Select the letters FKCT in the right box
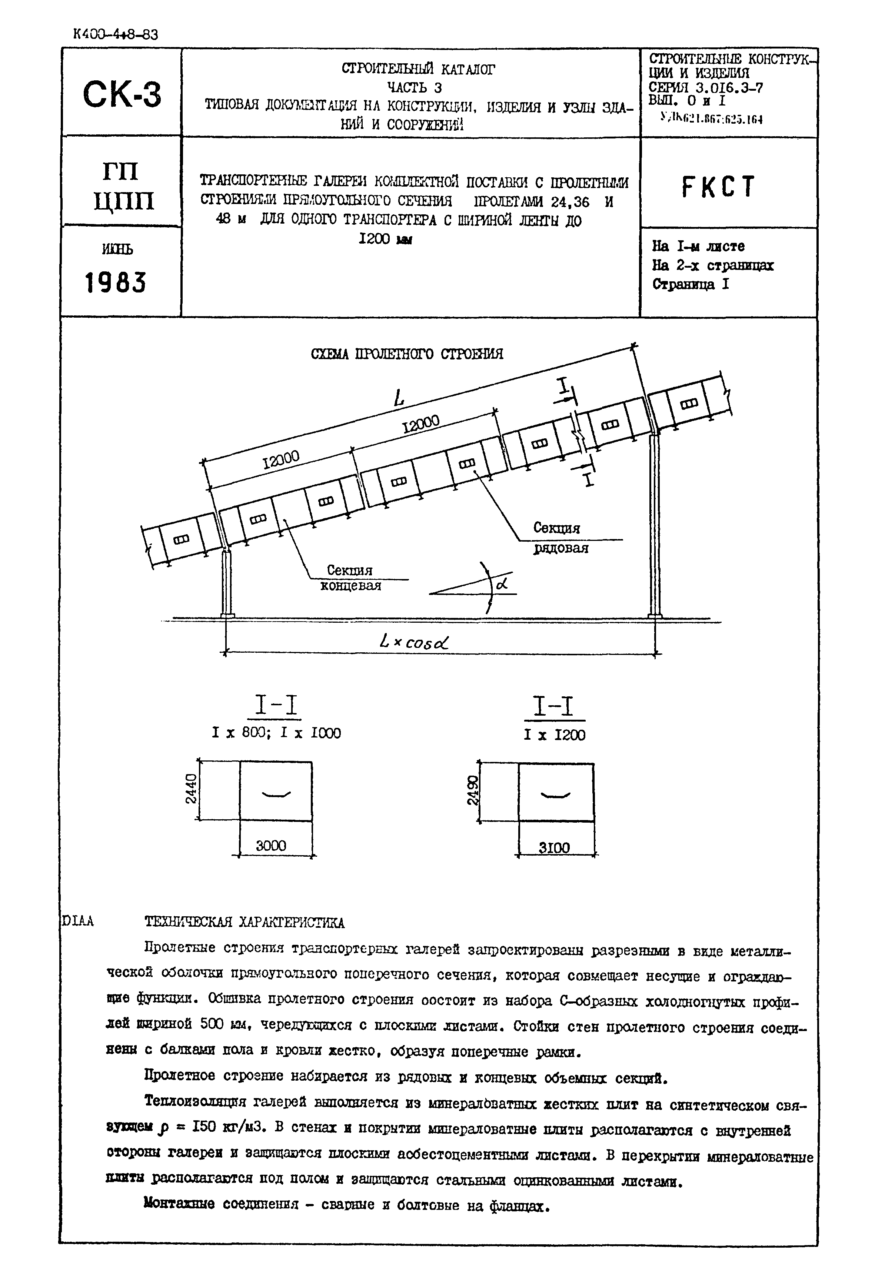(x=718, y=187)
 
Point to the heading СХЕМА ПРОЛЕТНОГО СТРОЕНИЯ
(x=407, y=354)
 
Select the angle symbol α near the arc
(x=501, y=584)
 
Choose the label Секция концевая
(x=350, y=578)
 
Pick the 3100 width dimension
(x=554, y=848)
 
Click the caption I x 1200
(x=554, y=735)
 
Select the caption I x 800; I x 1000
(x=276, y=733)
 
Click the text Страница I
(x=690, y=284)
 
